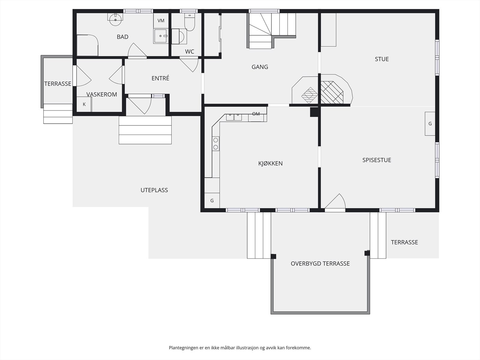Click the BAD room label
click(122, 37)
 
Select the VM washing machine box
click(161, 20)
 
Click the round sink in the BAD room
click(115, 20)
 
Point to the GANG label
click(260, 67)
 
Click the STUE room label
click(382, 59)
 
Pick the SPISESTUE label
click(377, 160)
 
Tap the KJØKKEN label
click(271, 163)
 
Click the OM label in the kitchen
click(256, 114)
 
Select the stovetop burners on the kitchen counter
click(216, 144)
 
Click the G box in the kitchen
click(212, 200)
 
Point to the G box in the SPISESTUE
click(430, 124)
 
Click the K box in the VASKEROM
click(84, 104)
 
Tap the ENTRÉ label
click(160, 78)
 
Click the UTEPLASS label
click(154, 190)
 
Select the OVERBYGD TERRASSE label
click(320, 264)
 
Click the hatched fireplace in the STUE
click(332, 92)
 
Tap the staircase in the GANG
click(271, 31)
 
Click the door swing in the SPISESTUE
click(335, 201)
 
